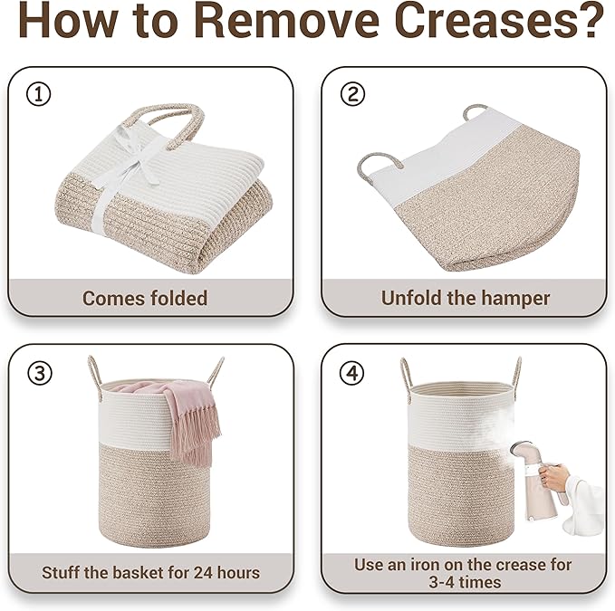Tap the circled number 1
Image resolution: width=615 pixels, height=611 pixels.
point(38,94)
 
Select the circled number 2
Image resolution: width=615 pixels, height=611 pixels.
point(352,94)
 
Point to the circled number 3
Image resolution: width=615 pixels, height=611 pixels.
point(39,373)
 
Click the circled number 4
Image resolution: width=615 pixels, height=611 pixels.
point(351,373)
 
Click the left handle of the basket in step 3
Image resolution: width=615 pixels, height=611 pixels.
point(95,377)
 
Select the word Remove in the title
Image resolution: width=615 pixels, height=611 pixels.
point(286,20)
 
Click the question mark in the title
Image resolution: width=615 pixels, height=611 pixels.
point(589,20)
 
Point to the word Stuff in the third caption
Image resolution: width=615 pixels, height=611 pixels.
point(61,573)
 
